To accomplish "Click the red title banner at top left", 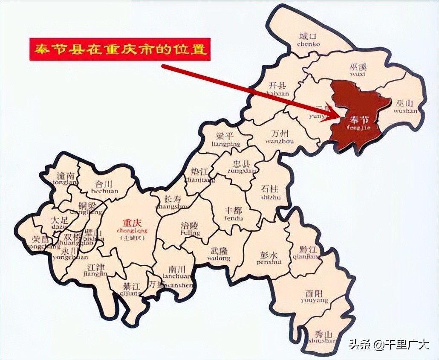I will click(120, 49).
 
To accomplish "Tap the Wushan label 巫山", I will click(404, 103).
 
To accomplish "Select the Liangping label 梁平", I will click(226, 137).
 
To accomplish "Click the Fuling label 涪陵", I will click(190, 226).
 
